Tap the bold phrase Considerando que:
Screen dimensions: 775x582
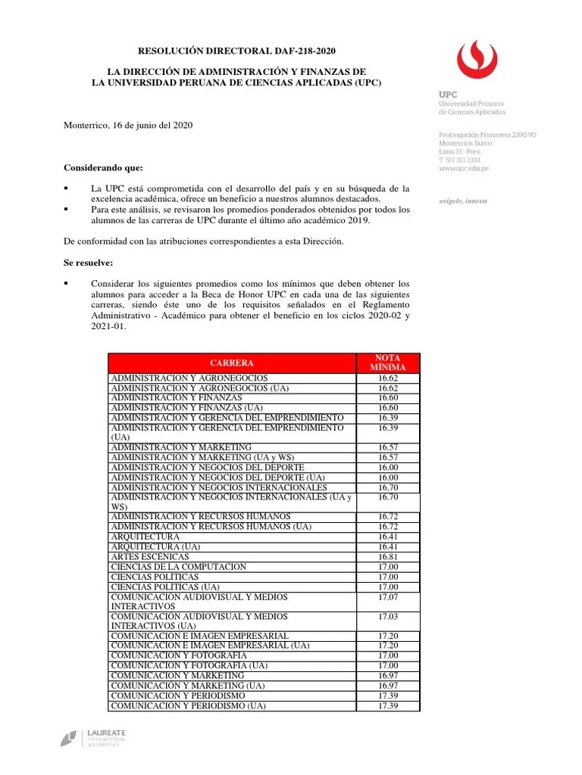pos(102,167)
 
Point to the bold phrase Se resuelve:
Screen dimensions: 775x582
pos(87,263)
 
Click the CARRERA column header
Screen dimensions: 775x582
pos(232,363)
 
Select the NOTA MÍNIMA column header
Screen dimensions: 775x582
pos(388,363)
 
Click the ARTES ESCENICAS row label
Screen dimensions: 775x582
pos(150,556)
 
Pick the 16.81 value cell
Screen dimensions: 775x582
pos(388,556)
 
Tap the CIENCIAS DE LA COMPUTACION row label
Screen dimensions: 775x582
pos(178,567)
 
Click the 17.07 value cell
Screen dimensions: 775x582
pos(388,597)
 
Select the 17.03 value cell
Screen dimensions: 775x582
pos(388,617)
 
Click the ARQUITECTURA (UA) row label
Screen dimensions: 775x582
pos(155,546)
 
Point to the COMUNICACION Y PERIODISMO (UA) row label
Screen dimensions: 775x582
pos(188,705)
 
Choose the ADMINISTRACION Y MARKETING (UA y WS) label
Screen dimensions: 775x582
pos(202,457)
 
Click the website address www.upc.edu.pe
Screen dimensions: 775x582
pos(464,169)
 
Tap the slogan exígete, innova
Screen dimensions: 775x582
pos(463,201)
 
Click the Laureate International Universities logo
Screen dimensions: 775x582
pos(93,739)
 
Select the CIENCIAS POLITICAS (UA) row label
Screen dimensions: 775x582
pos(165,587)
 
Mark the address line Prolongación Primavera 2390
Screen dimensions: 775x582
pos(487,134)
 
